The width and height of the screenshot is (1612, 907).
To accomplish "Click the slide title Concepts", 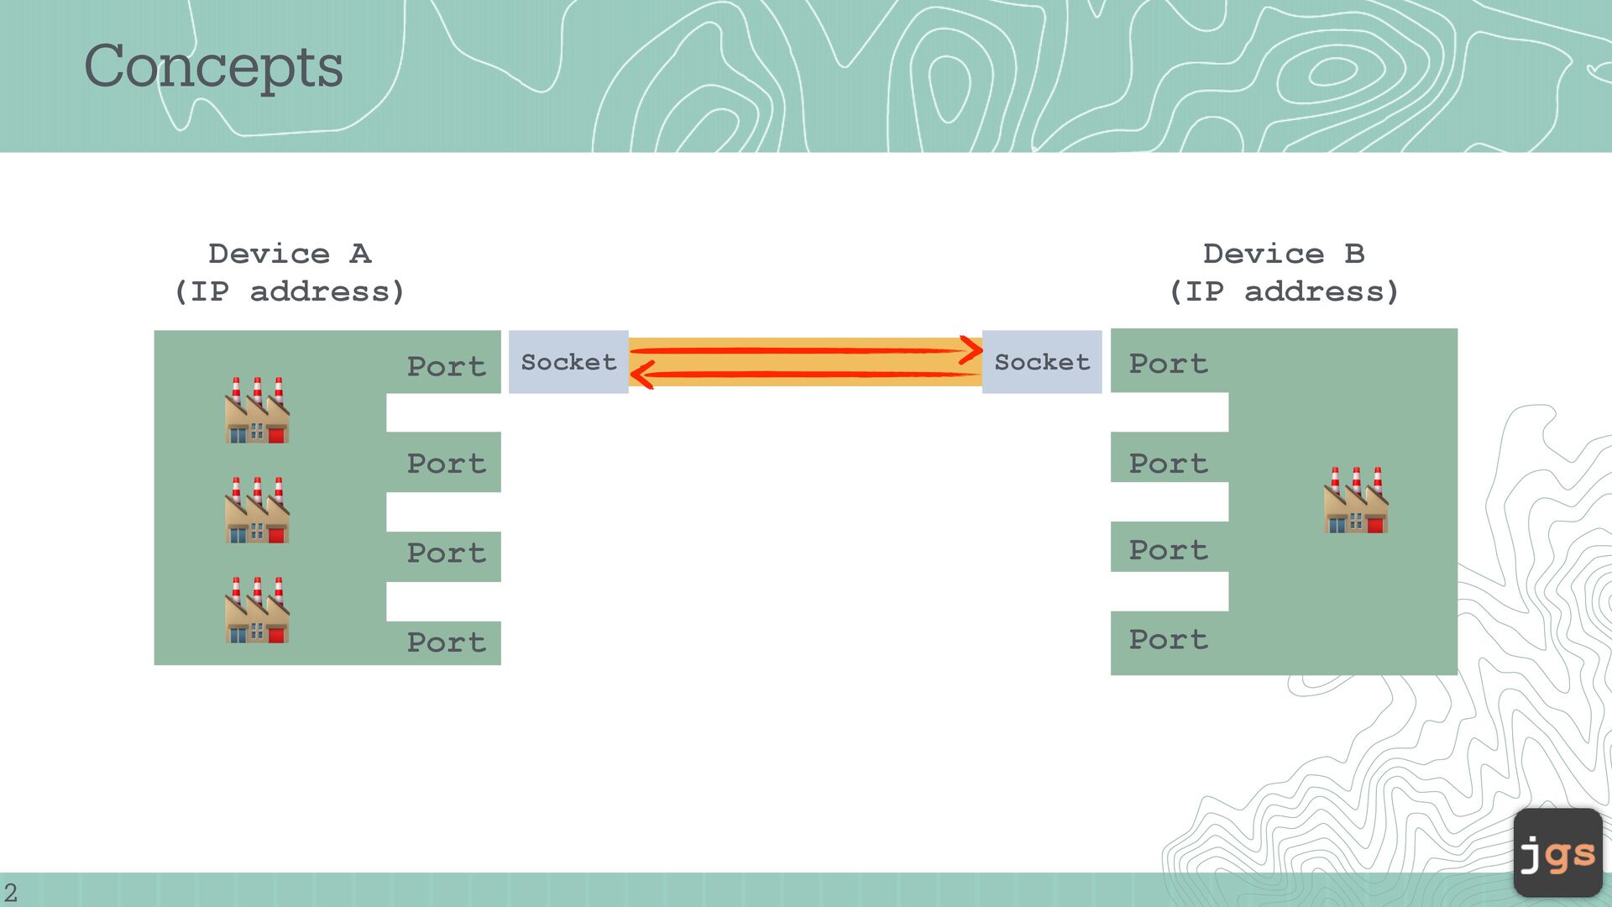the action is click(213, 66).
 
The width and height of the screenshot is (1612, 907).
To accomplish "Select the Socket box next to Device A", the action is click(568, 362).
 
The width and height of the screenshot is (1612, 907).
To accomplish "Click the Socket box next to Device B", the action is click(1042, 362).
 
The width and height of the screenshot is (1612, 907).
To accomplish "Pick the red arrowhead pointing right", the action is click(972, 349).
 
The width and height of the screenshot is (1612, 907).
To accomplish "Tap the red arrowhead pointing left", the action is click(641, 375).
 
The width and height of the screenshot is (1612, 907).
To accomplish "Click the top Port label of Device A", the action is click(446, 366).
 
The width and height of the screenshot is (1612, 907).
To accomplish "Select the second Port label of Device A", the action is click(446, 463).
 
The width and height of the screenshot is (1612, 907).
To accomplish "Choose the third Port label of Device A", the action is click(446, 553).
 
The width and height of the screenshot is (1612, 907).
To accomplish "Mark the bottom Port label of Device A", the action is click(446, 642).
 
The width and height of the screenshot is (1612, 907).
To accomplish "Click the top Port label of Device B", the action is click(1168, 364).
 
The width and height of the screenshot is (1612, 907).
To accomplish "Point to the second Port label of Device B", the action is click(1168, 463).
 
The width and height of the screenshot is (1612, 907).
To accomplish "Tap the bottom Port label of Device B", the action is click(1168, 639).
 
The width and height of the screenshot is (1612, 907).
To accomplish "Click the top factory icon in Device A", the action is click(257, 411).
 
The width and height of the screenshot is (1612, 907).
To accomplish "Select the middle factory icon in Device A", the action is click(257, 511).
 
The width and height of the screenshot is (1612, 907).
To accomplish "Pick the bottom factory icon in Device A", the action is click(257, 611).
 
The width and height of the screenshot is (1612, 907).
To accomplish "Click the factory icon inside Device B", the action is click(1356, 501).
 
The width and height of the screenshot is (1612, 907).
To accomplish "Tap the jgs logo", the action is click(1557, 853).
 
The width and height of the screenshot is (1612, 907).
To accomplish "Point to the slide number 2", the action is click(10, 892).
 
